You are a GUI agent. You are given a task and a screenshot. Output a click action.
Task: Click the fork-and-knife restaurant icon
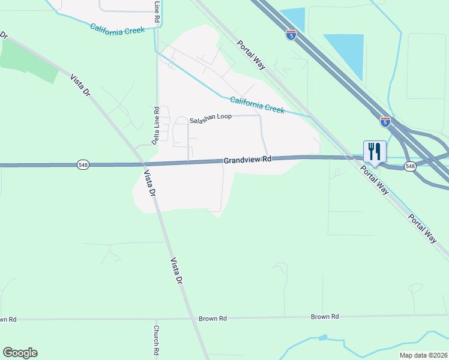click(375, 150)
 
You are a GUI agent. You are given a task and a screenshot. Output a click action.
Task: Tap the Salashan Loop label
click(211, 118)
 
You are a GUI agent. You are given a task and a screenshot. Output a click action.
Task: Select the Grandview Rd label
click(248, 160)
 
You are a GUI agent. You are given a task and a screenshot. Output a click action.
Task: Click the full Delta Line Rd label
click(156, 125)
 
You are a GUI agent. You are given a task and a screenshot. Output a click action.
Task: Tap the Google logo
click(20, 353)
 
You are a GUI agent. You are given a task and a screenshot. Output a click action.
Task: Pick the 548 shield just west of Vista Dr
click(83, 164)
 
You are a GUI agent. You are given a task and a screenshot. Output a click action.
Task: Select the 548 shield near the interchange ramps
click(410, 167)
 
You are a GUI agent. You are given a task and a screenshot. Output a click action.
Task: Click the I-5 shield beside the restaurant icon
click(385, 122)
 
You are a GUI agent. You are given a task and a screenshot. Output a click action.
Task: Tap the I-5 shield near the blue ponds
click(291, 35)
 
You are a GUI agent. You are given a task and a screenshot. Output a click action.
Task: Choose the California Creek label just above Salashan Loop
click(256, 105)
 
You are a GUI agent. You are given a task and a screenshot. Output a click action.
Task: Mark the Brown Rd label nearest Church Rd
click(214, 318)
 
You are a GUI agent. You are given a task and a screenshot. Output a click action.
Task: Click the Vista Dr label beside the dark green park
click(80, 86)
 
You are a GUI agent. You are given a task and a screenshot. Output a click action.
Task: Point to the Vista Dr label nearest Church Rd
click(176, 272)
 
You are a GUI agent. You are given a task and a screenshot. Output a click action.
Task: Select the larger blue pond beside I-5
click(347, 53)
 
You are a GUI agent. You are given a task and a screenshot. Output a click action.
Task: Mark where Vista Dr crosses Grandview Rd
click(144, 163)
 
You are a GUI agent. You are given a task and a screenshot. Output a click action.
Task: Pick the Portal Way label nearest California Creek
click(251, 55)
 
